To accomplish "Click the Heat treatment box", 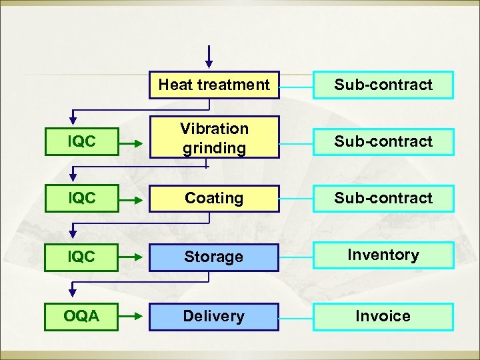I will coord(213,85).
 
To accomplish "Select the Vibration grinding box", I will coord(213,139).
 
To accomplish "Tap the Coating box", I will coord(213,199).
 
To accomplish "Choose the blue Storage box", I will coord(213,257).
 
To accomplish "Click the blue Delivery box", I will coord(213,317).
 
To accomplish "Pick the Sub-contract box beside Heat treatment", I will coord(383,85).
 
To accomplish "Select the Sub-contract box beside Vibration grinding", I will coord(383,141).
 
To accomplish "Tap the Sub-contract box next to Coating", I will coord(383,199).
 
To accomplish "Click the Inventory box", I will coord(383,255).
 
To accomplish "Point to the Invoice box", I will coord(383,317).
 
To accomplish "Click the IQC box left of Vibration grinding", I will coord(81,141).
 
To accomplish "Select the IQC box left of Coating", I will coord(81,199).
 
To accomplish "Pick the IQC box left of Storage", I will coord(81,257).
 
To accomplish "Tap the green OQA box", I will coord(81,317).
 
